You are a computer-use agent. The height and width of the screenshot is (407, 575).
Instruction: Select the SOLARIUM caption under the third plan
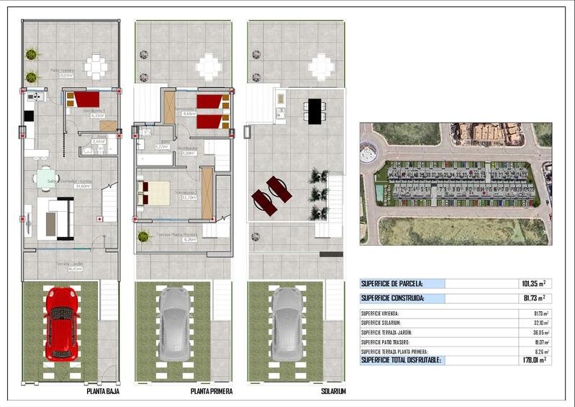click(x=333, y=391)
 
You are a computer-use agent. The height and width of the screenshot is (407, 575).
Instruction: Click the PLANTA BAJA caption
click(x=103, y=391)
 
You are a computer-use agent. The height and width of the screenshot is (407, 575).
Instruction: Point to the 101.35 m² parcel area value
click(x=532, y=284)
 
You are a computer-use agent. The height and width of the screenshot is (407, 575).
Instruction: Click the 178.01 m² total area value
click(x=532, y=359)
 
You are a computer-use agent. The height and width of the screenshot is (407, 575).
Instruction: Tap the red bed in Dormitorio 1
click(x=86, y=99)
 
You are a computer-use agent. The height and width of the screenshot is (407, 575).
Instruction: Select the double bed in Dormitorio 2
click(x=154, y=192)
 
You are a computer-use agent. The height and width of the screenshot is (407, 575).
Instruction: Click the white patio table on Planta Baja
click(x=96, y=67)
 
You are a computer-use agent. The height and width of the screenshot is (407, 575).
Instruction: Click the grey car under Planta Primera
click(x=173, y=323)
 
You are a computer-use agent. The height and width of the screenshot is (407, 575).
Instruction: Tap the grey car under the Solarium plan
click(x=286, y=323)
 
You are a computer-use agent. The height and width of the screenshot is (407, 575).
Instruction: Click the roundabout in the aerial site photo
click(x=368, y=151)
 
